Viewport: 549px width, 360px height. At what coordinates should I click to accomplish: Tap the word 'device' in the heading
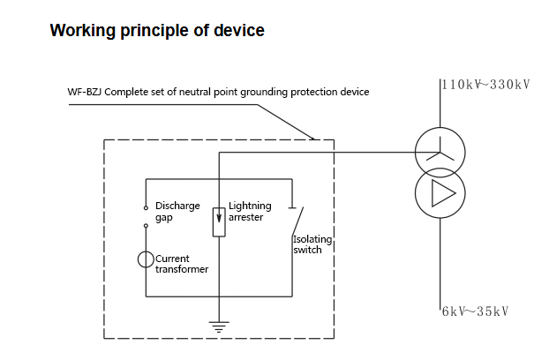[237, 31]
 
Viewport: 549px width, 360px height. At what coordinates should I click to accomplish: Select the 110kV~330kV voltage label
[485, 85]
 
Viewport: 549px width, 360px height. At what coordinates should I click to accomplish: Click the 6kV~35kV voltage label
[476, 311]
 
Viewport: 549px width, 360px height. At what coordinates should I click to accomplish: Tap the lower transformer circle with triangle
[439, 193]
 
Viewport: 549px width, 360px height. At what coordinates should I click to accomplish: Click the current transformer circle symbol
[146, 259]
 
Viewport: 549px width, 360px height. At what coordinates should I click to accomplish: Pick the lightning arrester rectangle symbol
[218, 221]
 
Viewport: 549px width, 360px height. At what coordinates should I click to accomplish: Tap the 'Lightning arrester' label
[250, 212]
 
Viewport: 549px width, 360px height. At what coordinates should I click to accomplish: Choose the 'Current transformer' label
[183, 264]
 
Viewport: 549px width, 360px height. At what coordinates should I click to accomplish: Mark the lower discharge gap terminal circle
[146, 226]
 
